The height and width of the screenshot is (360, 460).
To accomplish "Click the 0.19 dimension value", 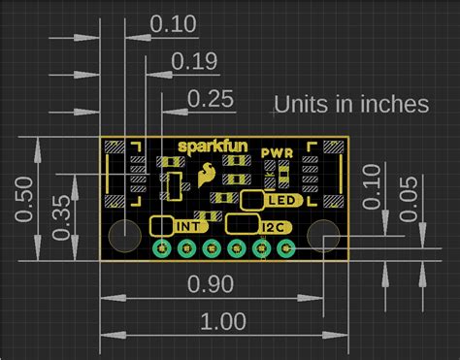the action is (194, 61).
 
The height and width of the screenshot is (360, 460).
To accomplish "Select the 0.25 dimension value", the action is (211, 99).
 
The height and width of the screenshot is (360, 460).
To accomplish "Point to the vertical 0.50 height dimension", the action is (24, 199).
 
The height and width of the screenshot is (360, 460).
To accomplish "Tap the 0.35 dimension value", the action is (61, 217).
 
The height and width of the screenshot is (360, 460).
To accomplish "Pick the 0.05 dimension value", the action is (409, 199).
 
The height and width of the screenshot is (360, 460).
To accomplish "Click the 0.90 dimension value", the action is (211, 284).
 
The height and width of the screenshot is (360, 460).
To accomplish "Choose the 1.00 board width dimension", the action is (223, 321).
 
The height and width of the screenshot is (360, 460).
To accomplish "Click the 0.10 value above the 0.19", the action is (173, 24).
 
